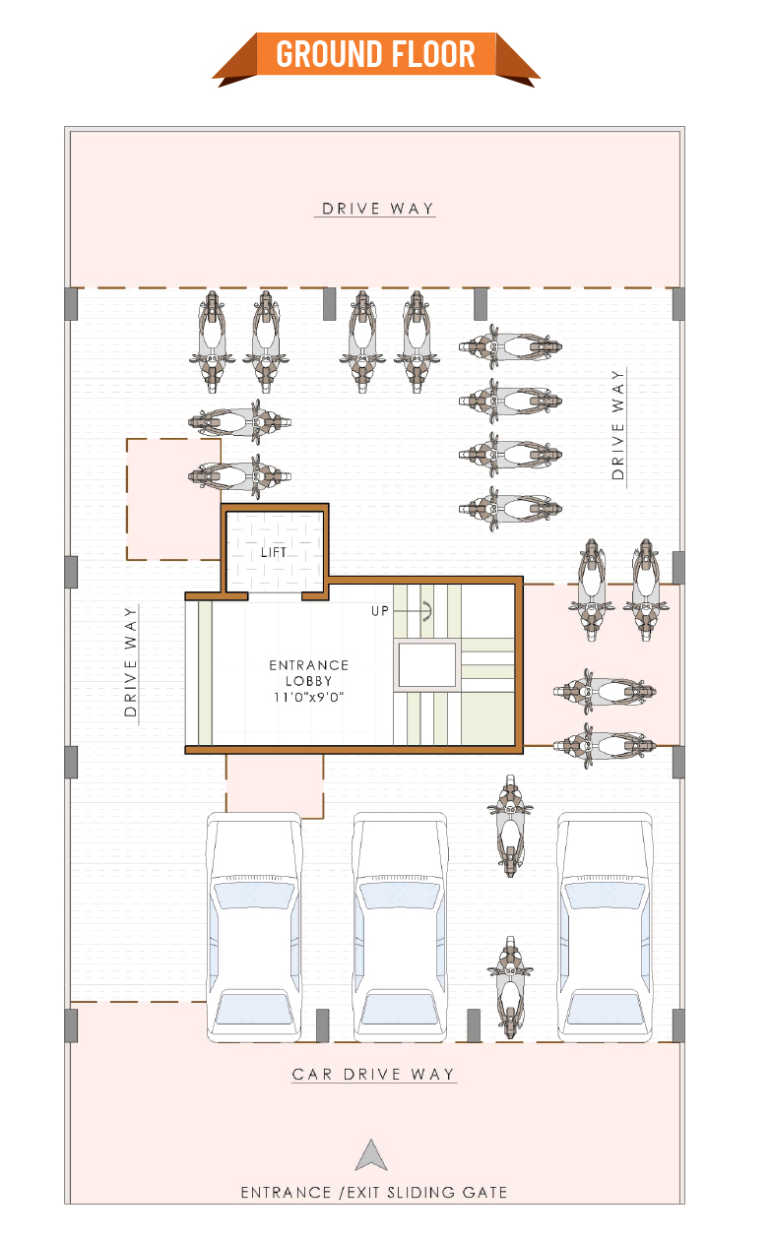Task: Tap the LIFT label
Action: pyautogui.click(x=274, y=552)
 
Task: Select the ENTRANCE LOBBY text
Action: pyautogui.click(x=308, y=672)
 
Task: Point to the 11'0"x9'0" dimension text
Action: pyautogui.click(x=308, y=697)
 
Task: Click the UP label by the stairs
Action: pyautogui.click(x=380, y=611)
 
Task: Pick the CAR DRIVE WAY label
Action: pyautogui.click(x=373, y=1075)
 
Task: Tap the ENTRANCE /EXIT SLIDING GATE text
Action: pyautogui.click(x=374, y=1192)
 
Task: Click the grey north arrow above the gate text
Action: pyautogui.click(x=371, y=1155)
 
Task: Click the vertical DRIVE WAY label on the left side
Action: pyautogui.click(x=130, y=661)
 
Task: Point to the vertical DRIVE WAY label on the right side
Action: pyautogui.click(x=618, y=425)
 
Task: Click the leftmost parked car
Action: pyautogui.click(x=254, y=927)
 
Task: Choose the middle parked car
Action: pyautogui.click(x=400, y=927)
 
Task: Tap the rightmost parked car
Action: pyautogui.click(x=605, y=927)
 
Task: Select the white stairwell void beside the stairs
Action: pyautogui.click(x=427, y=665)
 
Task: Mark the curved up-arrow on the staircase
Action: pyautogui.click(x=427, y=610)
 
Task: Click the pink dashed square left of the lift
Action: pyautogui.click(x=173, y=499)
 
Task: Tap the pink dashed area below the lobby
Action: pyautogui.click(x=275, y=785)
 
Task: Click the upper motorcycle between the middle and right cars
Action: pyautogui.click(x=510, y=826)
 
